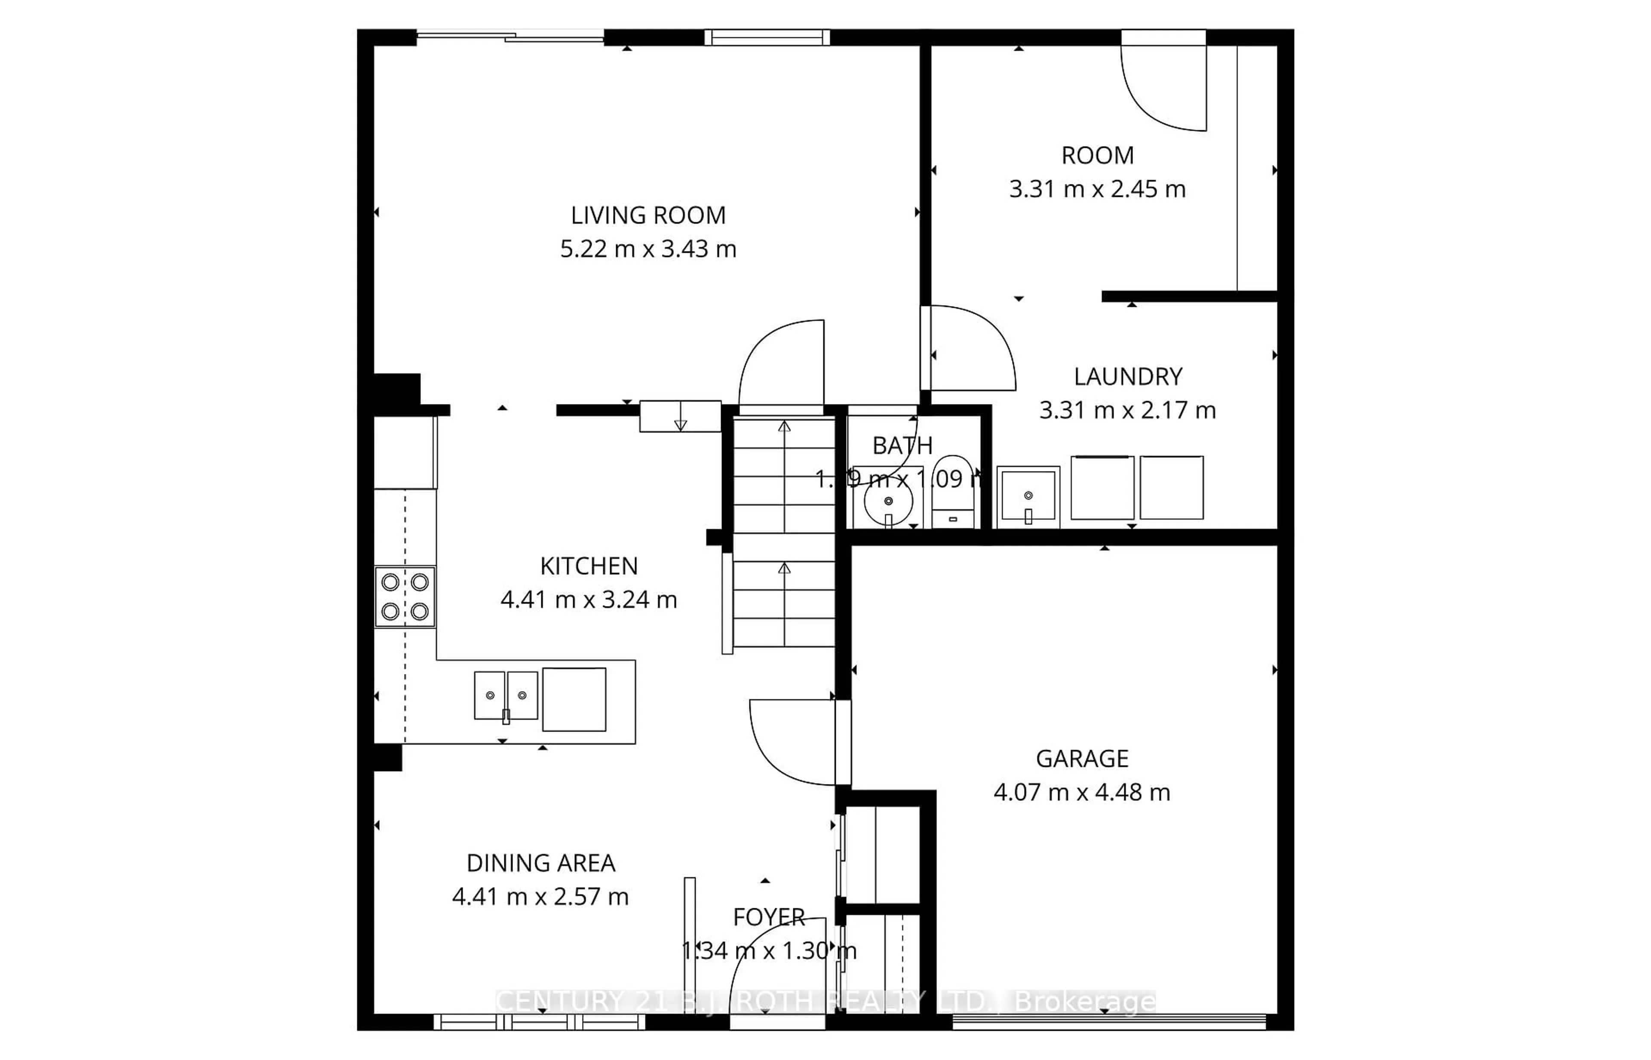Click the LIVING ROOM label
point(648,215)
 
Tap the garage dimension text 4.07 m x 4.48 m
point(1082,792)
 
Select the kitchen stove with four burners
point(405,596)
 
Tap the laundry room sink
point(1028,496)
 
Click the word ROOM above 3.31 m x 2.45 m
point(1098,156)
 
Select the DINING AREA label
point(540,863)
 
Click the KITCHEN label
point(589,566)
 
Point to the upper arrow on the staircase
point(784,427)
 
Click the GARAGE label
point(1082,759)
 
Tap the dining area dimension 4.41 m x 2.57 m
point(540,897)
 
